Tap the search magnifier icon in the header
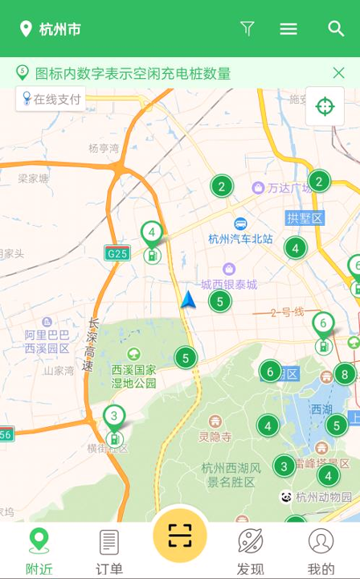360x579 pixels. (x=336, y=29)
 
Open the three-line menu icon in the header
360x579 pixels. (x=288, y=29)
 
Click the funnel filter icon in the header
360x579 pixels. (x=247, y=29)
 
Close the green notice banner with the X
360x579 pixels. (x=338, y=73)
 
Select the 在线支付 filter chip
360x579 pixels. (x=52, y=99)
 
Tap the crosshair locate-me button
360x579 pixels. (x=325, y=106)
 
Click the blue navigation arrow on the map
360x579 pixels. (x=188, y=300)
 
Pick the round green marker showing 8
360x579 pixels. (x=345, y=374)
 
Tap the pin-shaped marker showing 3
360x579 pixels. (x=114, y=419)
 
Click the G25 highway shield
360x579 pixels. (x=117, y=253)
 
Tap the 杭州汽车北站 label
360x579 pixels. (x=240, y=239)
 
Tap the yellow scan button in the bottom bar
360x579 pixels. (x=180, y=536)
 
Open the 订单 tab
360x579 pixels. (x=109, y=550)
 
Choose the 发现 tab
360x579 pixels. (x=250, y=550)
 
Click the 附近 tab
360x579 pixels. (x=39, y=550)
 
